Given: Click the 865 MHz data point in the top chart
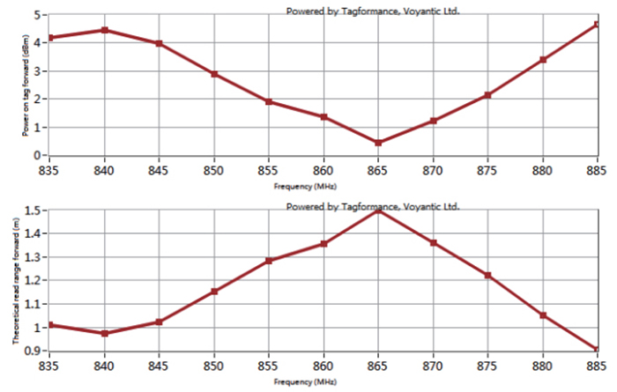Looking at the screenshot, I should tap(378, 143).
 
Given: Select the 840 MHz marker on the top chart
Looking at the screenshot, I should tap(105, 30).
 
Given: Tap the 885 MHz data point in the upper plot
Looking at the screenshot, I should tap(597, 24).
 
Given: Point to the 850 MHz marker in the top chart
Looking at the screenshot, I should tap(214, 74).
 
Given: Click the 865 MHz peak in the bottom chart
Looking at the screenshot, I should tap(378, 211).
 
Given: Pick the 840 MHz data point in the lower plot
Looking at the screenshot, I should tap(105, 333).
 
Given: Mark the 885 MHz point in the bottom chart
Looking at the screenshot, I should tap(597, 350).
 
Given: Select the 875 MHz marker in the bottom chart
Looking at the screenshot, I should tap(487, 276).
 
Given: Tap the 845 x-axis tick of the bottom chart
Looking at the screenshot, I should tap(160, 364).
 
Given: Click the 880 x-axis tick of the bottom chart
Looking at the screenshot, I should tap(542, 364).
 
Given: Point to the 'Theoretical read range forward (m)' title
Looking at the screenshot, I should tap(16, 281).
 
